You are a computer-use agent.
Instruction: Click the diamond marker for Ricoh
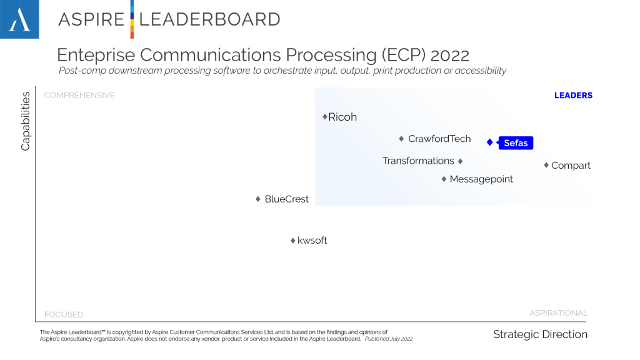pyautogui.click(x=325, y=117)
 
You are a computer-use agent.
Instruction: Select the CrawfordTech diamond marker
pyautogui.click(x=402, y=139)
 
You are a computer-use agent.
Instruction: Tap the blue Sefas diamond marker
pyautogui.click(x=490, y=142)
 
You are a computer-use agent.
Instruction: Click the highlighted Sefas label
pyautogui.click(x=516, y=143)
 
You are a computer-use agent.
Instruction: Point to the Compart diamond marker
pyautogui.click(x=546, y=165)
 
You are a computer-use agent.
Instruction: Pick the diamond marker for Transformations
pyautogui.click(x=461, y=161)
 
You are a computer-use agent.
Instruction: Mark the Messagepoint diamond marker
pyautogui.click(x=444, y=179)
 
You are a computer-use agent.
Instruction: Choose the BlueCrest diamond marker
pyautogui.click(x=258, y=199)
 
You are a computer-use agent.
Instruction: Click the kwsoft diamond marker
pyautogui.click(x=292, y=241)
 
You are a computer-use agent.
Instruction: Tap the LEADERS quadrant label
pyautogui.click(x=573, y=96)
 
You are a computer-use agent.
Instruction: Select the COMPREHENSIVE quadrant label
pyautogui.click(x=79, y=96)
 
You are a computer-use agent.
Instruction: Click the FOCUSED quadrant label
pyautogui.click(x=64, y=314)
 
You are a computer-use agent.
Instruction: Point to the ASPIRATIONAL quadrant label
pyautogui.click(x=558, y=313)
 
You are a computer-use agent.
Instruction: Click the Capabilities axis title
pyautogui.click(x=26, y=121)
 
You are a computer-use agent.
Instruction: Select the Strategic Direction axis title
pyautogui.click(x=540, y=334)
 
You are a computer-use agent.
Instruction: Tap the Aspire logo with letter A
pyautogui.click(x=19, y=19)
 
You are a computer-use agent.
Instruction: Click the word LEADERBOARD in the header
pyautogui.click(x=209, y=19)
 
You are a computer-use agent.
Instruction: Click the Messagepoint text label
pyautogui.click(x=481, y=179)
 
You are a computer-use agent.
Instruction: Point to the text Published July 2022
pyautogui.click(x=389, y=339)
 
